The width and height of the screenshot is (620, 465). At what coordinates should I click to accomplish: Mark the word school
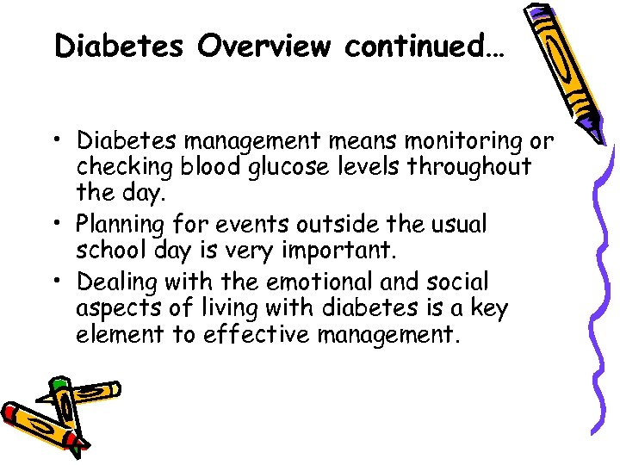[108, 251]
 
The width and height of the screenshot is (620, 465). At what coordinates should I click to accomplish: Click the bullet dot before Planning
[61, 226]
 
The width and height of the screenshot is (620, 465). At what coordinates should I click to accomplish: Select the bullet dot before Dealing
[61, 282]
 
